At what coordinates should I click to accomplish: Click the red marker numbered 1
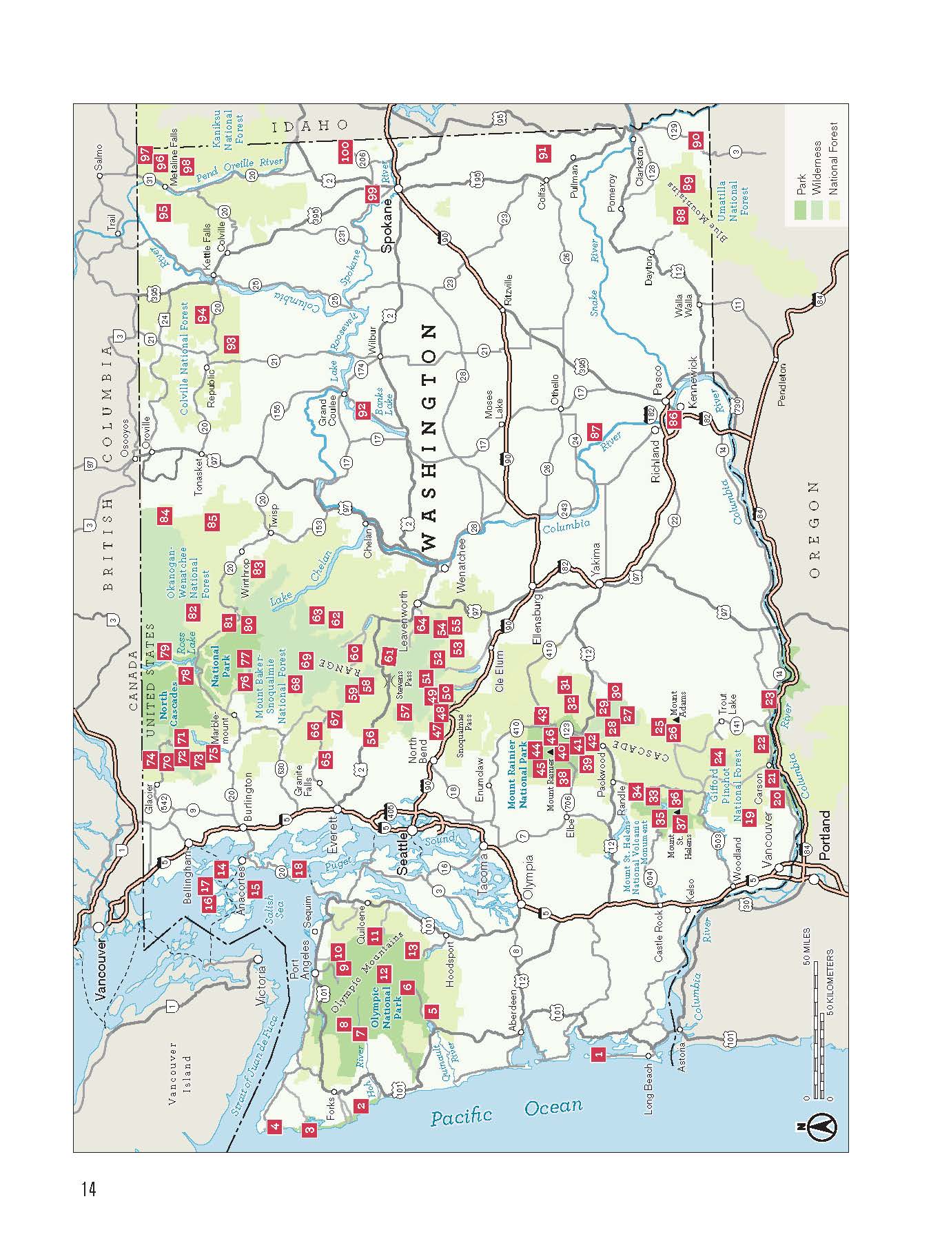click(599, 1053)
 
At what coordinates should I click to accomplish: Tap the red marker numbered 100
click(345, 150)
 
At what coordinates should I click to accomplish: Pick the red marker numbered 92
click(362, 410)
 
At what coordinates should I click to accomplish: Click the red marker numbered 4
click(275, 1127)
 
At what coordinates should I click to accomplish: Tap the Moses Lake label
click(493, 406)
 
